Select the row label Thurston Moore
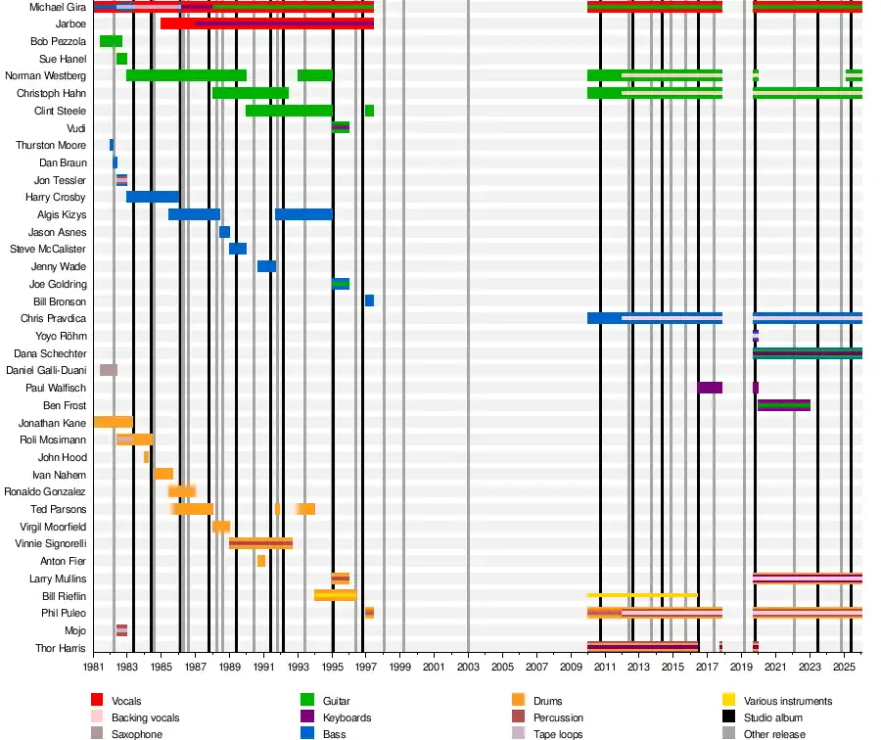pos(51,145)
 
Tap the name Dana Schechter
pos(50,353)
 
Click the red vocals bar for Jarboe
pos(266,23)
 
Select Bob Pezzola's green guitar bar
pos(111,41)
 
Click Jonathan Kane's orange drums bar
pos(113,422)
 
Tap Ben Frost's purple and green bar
pos(783,405)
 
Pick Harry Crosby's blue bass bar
pos(152,197)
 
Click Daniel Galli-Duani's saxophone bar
pos(109,370)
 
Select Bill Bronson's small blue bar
pos(369,301)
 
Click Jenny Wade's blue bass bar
pos(266,266)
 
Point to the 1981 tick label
pos(93,667)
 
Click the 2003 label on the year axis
pos(468,667)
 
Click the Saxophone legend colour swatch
pos(97,734)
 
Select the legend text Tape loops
pos(558,734)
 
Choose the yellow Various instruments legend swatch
pos(728,701)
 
